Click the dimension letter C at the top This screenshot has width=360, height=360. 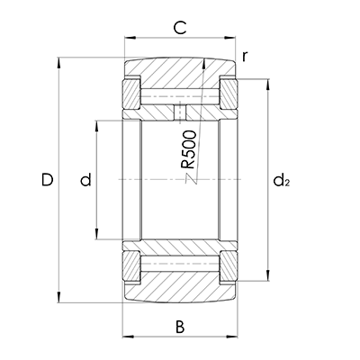[x=180, y=28]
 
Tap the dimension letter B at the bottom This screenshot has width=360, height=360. [x=180, y=327]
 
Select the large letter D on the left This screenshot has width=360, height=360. [x=47, y=179]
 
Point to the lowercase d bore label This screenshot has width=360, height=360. [x=85, y=179]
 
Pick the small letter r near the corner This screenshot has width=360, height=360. [x=245, y=56]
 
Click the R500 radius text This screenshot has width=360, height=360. [x=189, y=149]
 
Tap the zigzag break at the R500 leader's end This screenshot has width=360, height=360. [x=191, y=179]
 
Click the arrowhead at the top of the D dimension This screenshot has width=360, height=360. [x=59, y=63]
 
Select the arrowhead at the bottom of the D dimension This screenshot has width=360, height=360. [x=59, y=296]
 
